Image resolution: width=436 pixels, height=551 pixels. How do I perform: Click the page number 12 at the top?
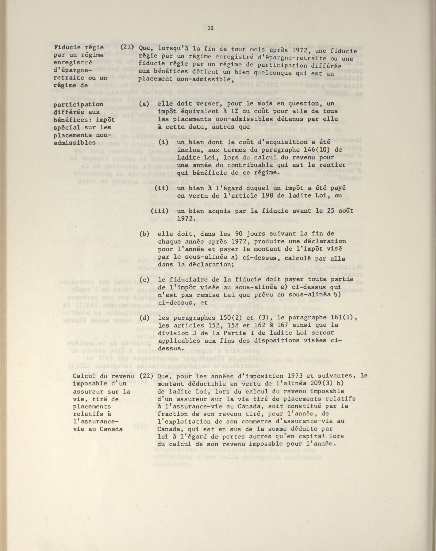211,28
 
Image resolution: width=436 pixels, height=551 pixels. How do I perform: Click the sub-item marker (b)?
144,234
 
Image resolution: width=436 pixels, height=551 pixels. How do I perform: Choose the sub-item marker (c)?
144,280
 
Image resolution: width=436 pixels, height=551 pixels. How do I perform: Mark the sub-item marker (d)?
144,318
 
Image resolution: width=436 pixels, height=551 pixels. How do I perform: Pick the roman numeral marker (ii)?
162,188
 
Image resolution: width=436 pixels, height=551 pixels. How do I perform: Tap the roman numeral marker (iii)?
160,211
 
